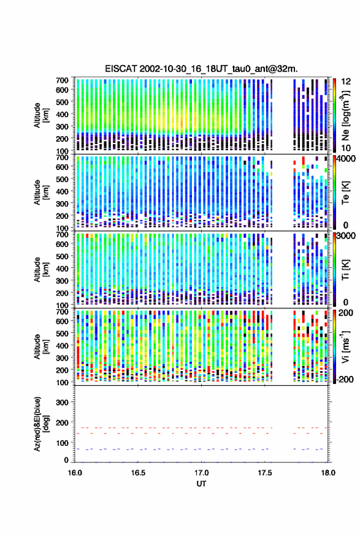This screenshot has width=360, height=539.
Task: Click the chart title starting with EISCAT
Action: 202,69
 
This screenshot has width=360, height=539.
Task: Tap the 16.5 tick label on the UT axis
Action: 138,473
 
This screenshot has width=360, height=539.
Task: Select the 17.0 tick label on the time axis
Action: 201,473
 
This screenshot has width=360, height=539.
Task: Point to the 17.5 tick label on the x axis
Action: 264,473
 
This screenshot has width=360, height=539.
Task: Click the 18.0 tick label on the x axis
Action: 328,473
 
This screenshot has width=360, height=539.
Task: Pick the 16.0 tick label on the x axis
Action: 75,473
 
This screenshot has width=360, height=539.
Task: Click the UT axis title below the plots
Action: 201,484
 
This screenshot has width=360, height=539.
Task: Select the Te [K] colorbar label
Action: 345,193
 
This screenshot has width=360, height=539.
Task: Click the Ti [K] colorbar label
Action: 345,270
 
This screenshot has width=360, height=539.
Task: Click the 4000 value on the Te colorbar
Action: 345,159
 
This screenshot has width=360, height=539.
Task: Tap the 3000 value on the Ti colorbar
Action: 346,235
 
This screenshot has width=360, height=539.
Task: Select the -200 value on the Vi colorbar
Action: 344,379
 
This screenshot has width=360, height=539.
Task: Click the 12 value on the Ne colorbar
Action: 346,82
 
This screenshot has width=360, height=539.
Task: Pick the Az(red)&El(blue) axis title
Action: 41,424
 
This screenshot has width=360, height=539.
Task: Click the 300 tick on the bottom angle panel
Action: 62,402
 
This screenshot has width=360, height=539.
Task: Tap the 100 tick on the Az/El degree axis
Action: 62,443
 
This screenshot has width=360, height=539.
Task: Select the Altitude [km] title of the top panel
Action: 41,115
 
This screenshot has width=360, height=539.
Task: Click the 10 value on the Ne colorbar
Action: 346,148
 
